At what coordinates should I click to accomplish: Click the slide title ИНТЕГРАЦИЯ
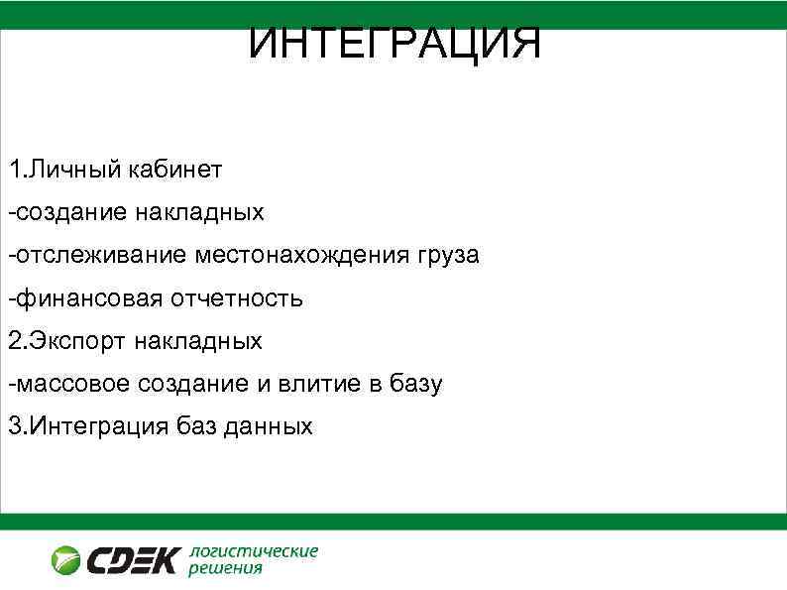point(394,43)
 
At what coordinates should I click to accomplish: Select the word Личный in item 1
point(73,169)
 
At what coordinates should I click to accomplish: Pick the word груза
point(445,256)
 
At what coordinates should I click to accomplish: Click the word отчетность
point(238,297)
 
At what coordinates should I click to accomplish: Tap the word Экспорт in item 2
point(75,341)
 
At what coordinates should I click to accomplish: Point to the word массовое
point(73,384)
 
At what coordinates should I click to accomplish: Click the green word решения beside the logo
point(225,569)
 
